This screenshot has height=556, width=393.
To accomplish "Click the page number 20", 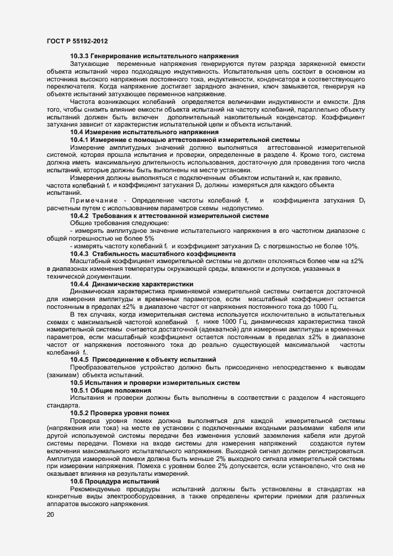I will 50,514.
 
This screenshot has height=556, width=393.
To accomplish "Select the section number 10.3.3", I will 81,55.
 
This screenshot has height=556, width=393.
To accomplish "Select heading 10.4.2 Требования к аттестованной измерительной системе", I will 169,216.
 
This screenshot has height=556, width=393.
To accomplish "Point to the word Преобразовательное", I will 103,368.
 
